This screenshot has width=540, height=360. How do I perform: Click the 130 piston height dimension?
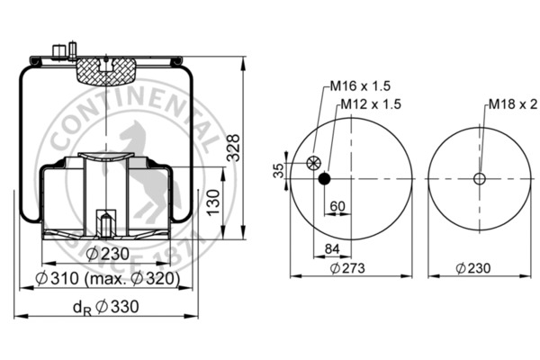coord(213,203)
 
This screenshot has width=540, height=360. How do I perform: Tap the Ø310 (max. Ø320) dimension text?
coord(112,281)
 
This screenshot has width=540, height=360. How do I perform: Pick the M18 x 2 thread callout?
coord(511,104)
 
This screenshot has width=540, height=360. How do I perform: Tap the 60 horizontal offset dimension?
coord(337,207)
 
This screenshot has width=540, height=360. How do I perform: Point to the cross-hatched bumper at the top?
coord(106,69)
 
